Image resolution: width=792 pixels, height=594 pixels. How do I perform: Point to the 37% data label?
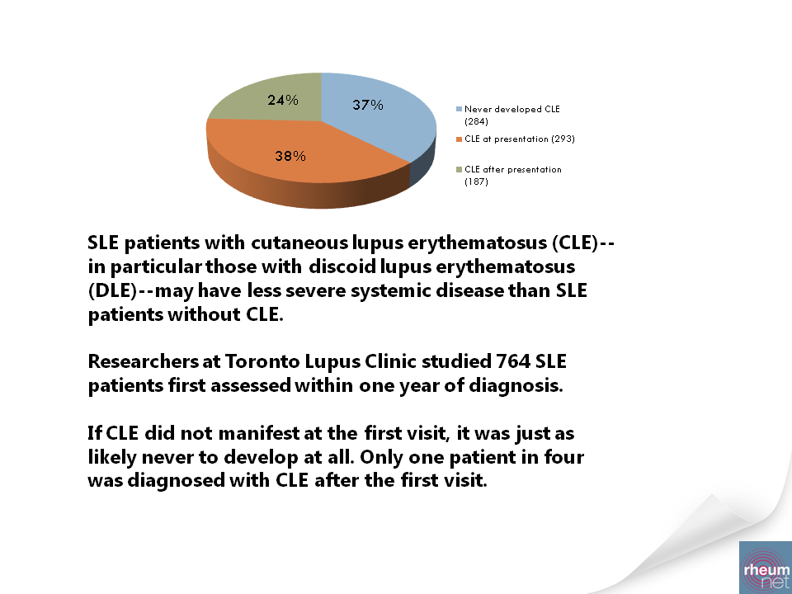point(368,105)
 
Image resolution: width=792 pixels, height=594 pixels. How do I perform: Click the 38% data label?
point(290,155)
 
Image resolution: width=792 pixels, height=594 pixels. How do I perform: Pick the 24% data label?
point(283,101)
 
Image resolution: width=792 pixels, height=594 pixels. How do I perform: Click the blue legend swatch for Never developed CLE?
point(460,109)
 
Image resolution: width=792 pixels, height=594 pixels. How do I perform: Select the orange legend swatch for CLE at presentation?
point(460,139)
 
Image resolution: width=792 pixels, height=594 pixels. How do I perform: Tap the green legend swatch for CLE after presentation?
point(460,170)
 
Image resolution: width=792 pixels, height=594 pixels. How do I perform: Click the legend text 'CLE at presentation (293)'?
point(520,139)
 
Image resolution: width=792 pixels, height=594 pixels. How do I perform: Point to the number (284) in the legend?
point(477,122)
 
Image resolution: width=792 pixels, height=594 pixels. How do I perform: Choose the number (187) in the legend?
point(477,182)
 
